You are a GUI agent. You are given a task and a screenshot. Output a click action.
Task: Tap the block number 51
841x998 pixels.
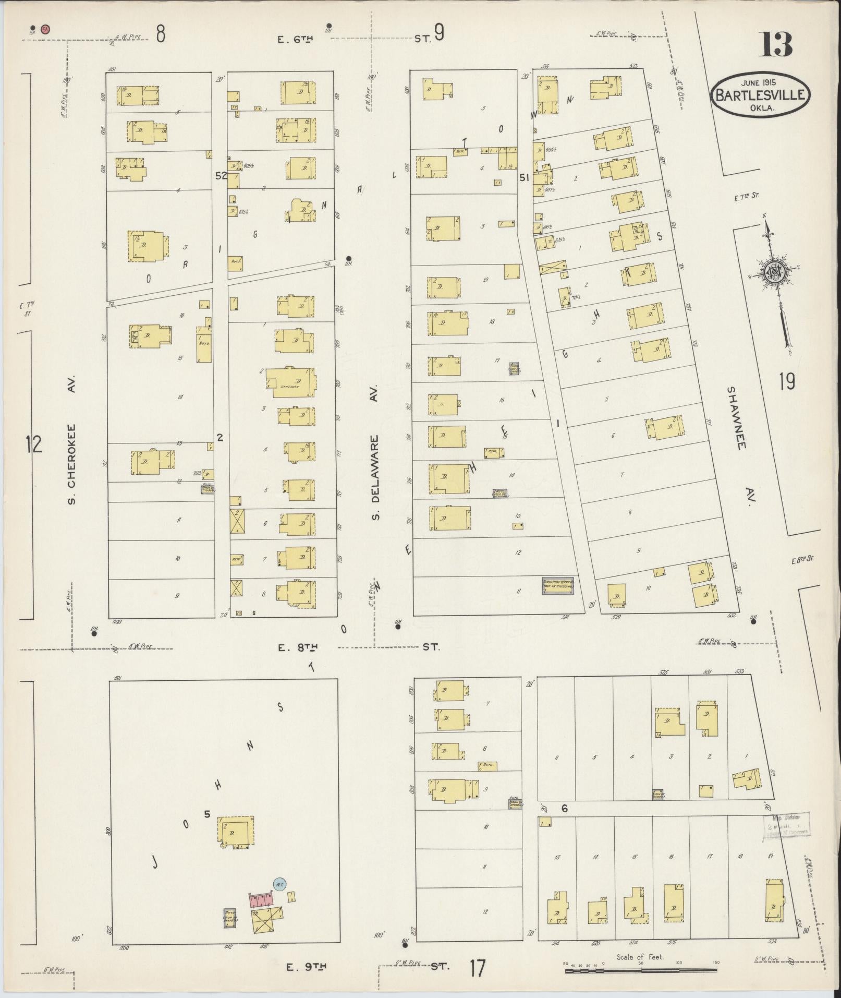pyautogui.click(x=524, y=178)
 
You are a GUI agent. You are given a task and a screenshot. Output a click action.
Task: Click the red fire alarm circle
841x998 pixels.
pyautogui.click(x=45, y=29)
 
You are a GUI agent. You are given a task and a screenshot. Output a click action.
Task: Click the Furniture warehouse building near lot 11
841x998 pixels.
pyautogui.click(x=558, y=586)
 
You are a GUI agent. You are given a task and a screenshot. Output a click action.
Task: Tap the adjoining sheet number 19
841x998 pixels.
pyautogui.click(x=787, y=382)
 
